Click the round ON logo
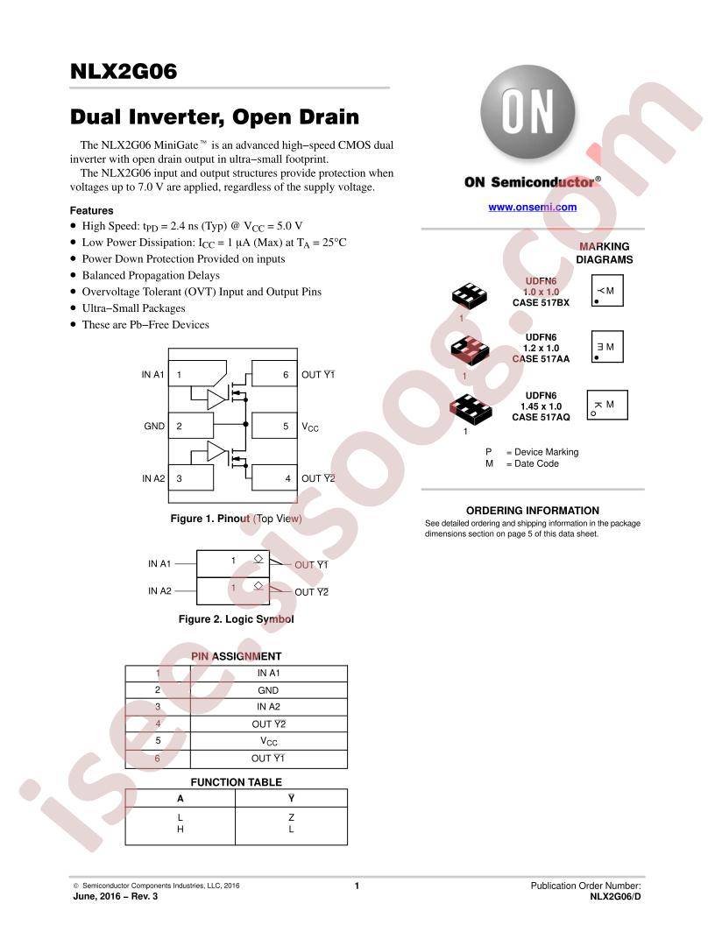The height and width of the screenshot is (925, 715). click(527, 112)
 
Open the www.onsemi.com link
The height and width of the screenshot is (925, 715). click(532, 207)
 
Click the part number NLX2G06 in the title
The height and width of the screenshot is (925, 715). click(124, 71)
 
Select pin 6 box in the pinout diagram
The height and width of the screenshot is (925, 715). click(274, 374)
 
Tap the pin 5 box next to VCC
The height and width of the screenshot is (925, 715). click(274, 426)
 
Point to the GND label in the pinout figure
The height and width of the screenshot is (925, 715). click(154, 426)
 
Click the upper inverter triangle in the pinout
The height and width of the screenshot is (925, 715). click(217, 399)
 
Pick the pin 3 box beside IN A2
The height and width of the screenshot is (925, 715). click(190, 478)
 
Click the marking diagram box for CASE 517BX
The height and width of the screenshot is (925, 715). click(607, 291)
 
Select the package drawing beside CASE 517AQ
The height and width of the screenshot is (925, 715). click(471, 408)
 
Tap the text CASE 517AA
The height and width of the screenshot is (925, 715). click(541, 358)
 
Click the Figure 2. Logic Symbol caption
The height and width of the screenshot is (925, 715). click(236, 618)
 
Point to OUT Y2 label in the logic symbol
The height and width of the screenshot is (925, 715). click(311, 591)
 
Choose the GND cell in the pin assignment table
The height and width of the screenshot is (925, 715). click(268, 690)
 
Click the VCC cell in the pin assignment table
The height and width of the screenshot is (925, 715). click(268, 742)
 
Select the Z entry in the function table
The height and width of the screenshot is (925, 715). click(292, 817)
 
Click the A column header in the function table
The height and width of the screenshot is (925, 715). click(181, 798)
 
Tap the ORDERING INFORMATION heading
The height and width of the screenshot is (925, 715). click(532, 511)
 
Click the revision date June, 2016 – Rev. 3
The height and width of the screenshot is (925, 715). click(116, 896)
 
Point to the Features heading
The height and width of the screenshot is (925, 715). click(91, 210)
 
